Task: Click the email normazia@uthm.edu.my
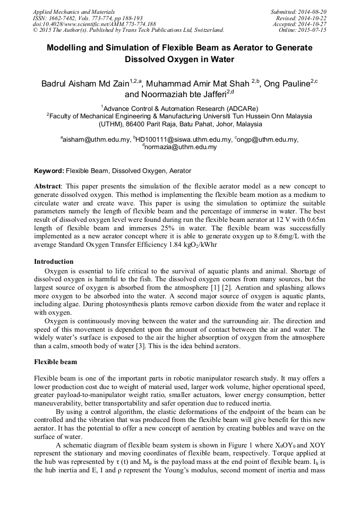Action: [181, 147]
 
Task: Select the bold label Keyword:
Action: [49, 171]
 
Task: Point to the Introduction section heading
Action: [54, 262]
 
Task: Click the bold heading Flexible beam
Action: [56, 362]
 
